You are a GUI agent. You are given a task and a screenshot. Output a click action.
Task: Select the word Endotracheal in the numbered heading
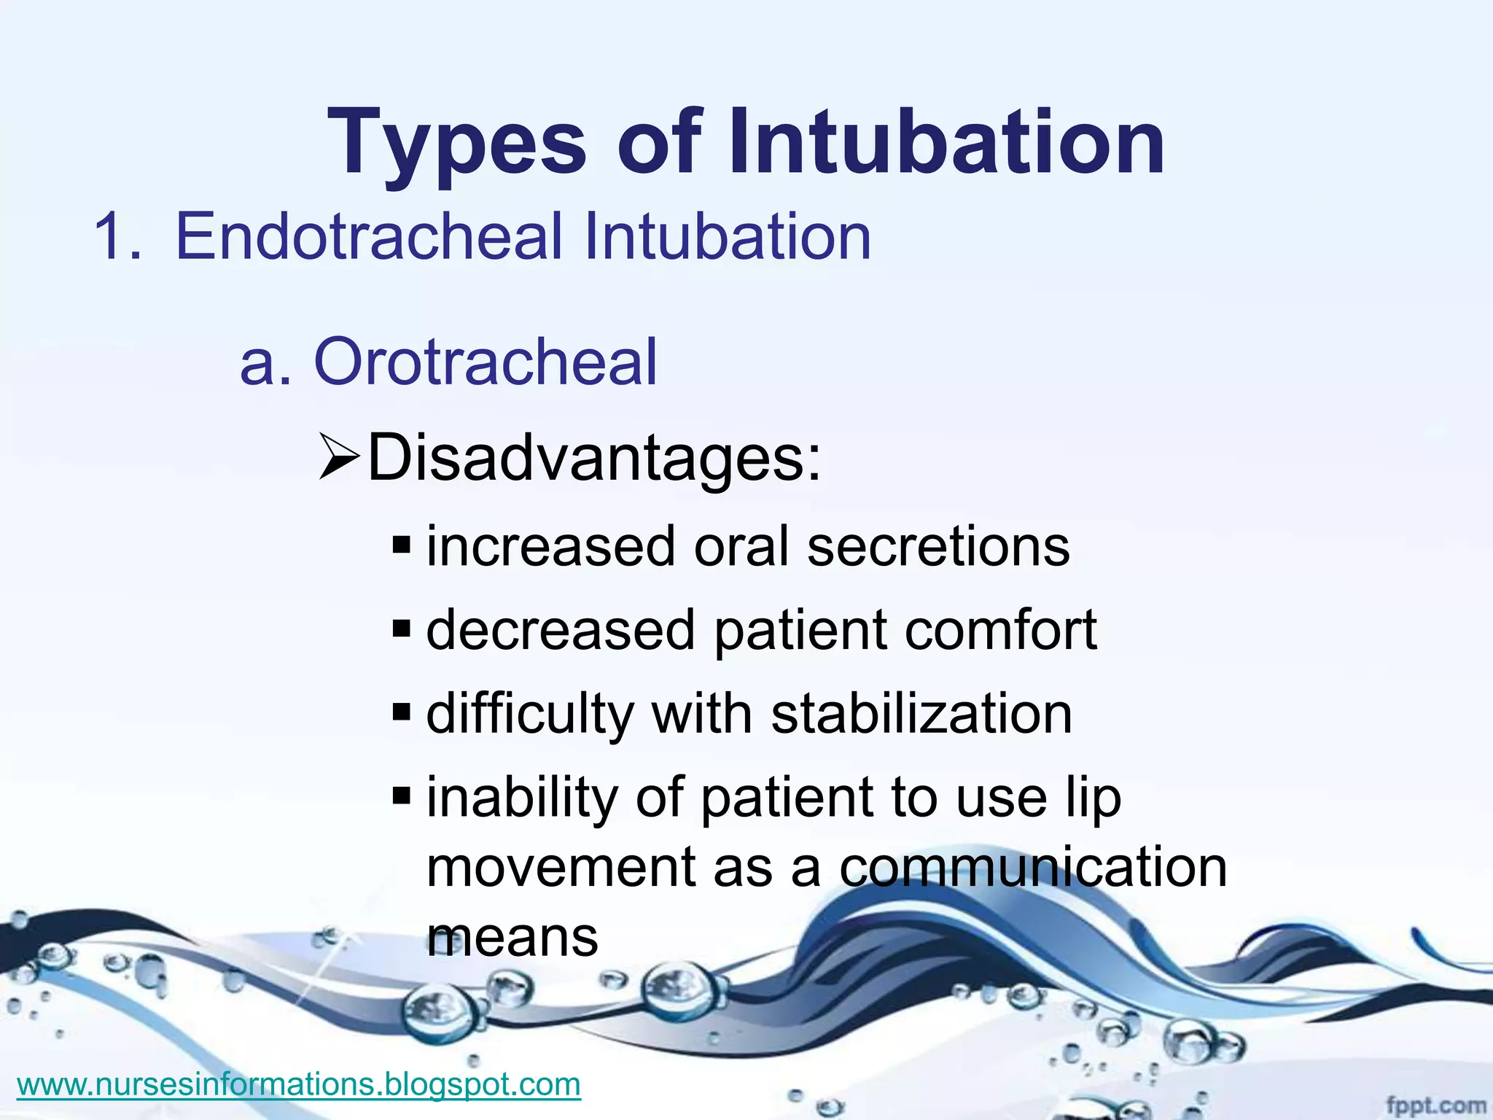369,236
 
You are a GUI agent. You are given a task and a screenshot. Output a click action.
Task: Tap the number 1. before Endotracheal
117,236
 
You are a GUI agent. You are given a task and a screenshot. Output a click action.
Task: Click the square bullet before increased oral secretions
402,545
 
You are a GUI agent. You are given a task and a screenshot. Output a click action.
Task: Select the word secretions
938,547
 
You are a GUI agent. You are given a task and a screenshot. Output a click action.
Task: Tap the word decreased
560,630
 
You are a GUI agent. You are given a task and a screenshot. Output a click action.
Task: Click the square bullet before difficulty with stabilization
402,711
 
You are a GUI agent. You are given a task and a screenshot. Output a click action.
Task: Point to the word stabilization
921,714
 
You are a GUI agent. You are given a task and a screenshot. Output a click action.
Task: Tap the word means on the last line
512,938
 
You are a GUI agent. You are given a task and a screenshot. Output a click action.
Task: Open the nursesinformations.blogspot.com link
299,1084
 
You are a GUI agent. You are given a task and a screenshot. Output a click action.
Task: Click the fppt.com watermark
1435,1106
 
